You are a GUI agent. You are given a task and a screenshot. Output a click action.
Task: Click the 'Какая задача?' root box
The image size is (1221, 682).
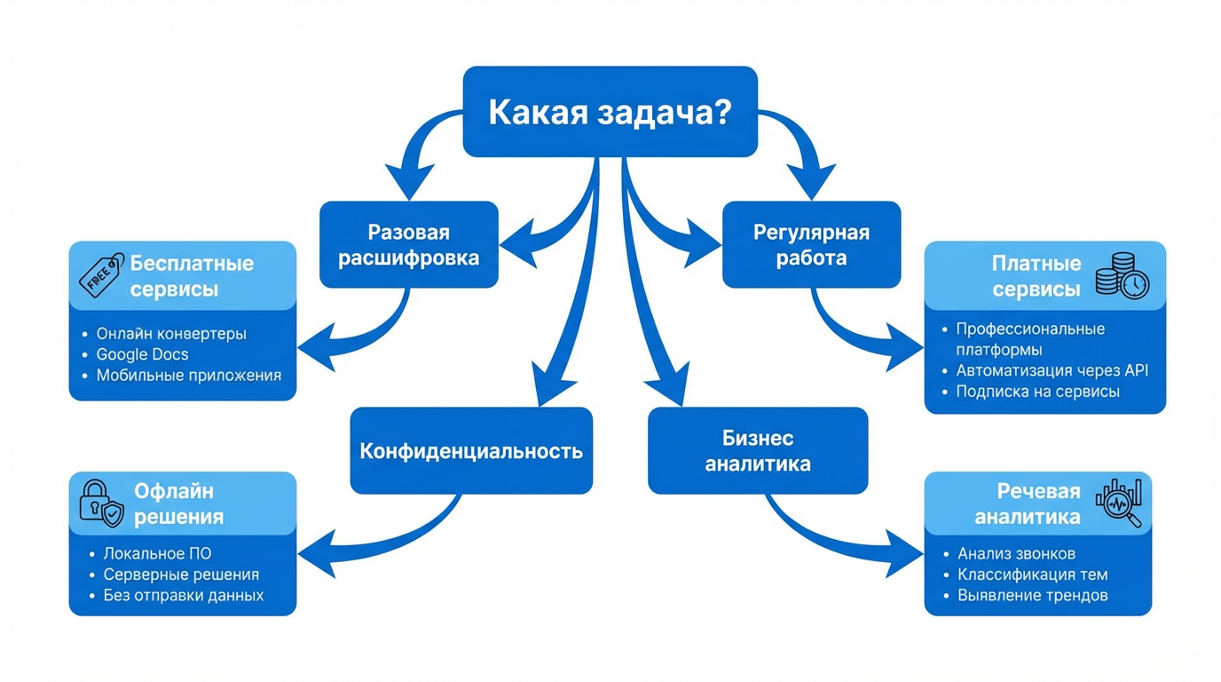click(610, 112)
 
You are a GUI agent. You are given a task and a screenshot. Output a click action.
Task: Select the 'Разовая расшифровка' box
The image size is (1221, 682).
click(408, 245)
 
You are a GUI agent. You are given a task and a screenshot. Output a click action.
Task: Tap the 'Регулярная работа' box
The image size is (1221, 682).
click(811, 245)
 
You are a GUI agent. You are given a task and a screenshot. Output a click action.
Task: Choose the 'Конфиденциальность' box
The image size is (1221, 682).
click(471, 450)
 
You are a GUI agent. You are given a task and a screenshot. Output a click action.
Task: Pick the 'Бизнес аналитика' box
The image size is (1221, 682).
click(758, 450)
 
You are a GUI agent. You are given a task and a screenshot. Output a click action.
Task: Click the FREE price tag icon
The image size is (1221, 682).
click(101, 274)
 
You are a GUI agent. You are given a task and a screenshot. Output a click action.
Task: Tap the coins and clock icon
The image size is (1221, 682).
click(1122, 275)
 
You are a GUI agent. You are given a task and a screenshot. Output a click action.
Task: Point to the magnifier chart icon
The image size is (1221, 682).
click(1119, 503)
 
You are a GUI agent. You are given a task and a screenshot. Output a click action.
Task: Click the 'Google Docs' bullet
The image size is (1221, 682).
click(142, 354)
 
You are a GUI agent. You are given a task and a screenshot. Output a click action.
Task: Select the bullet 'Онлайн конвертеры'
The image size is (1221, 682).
click(171, 334)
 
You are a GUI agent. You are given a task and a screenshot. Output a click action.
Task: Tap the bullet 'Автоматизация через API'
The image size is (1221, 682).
click(1052, 370)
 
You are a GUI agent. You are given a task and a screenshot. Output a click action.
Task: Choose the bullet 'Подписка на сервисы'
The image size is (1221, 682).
click(1037, 392)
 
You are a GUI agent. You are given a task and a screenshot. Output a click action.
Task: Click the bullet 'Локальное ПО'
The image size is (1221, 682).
click(157, 553)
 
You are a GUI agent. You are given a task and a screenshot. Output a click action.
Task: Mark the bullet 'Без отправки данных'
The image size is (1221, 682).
click(184, 595)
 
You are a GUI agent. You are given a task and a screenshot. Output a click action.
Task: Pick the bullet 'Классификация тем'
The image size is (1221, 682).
click(1032, 575)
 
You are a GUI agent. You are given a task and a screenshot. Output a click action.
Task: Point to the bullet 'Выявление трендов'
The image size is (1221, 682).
click(1032, 595)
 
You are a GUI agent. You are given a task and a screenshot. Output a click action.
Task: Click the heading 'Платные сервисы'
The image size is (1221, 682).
click(1036, 276)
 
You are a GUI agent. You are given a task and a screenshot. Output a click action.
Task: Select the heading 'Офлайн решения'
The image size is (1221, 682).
click(178, 504)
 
